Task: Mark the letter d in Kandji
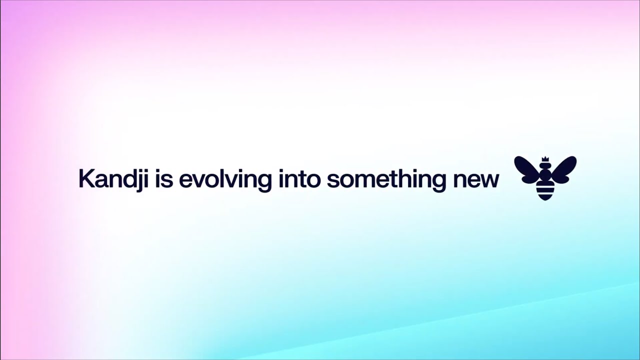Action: click(126, 179)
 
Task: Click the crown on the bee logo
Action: click(545, 159)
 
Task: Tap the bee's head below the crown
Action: click(545, 167)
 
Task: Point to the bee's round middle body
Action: click(545, 176)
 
